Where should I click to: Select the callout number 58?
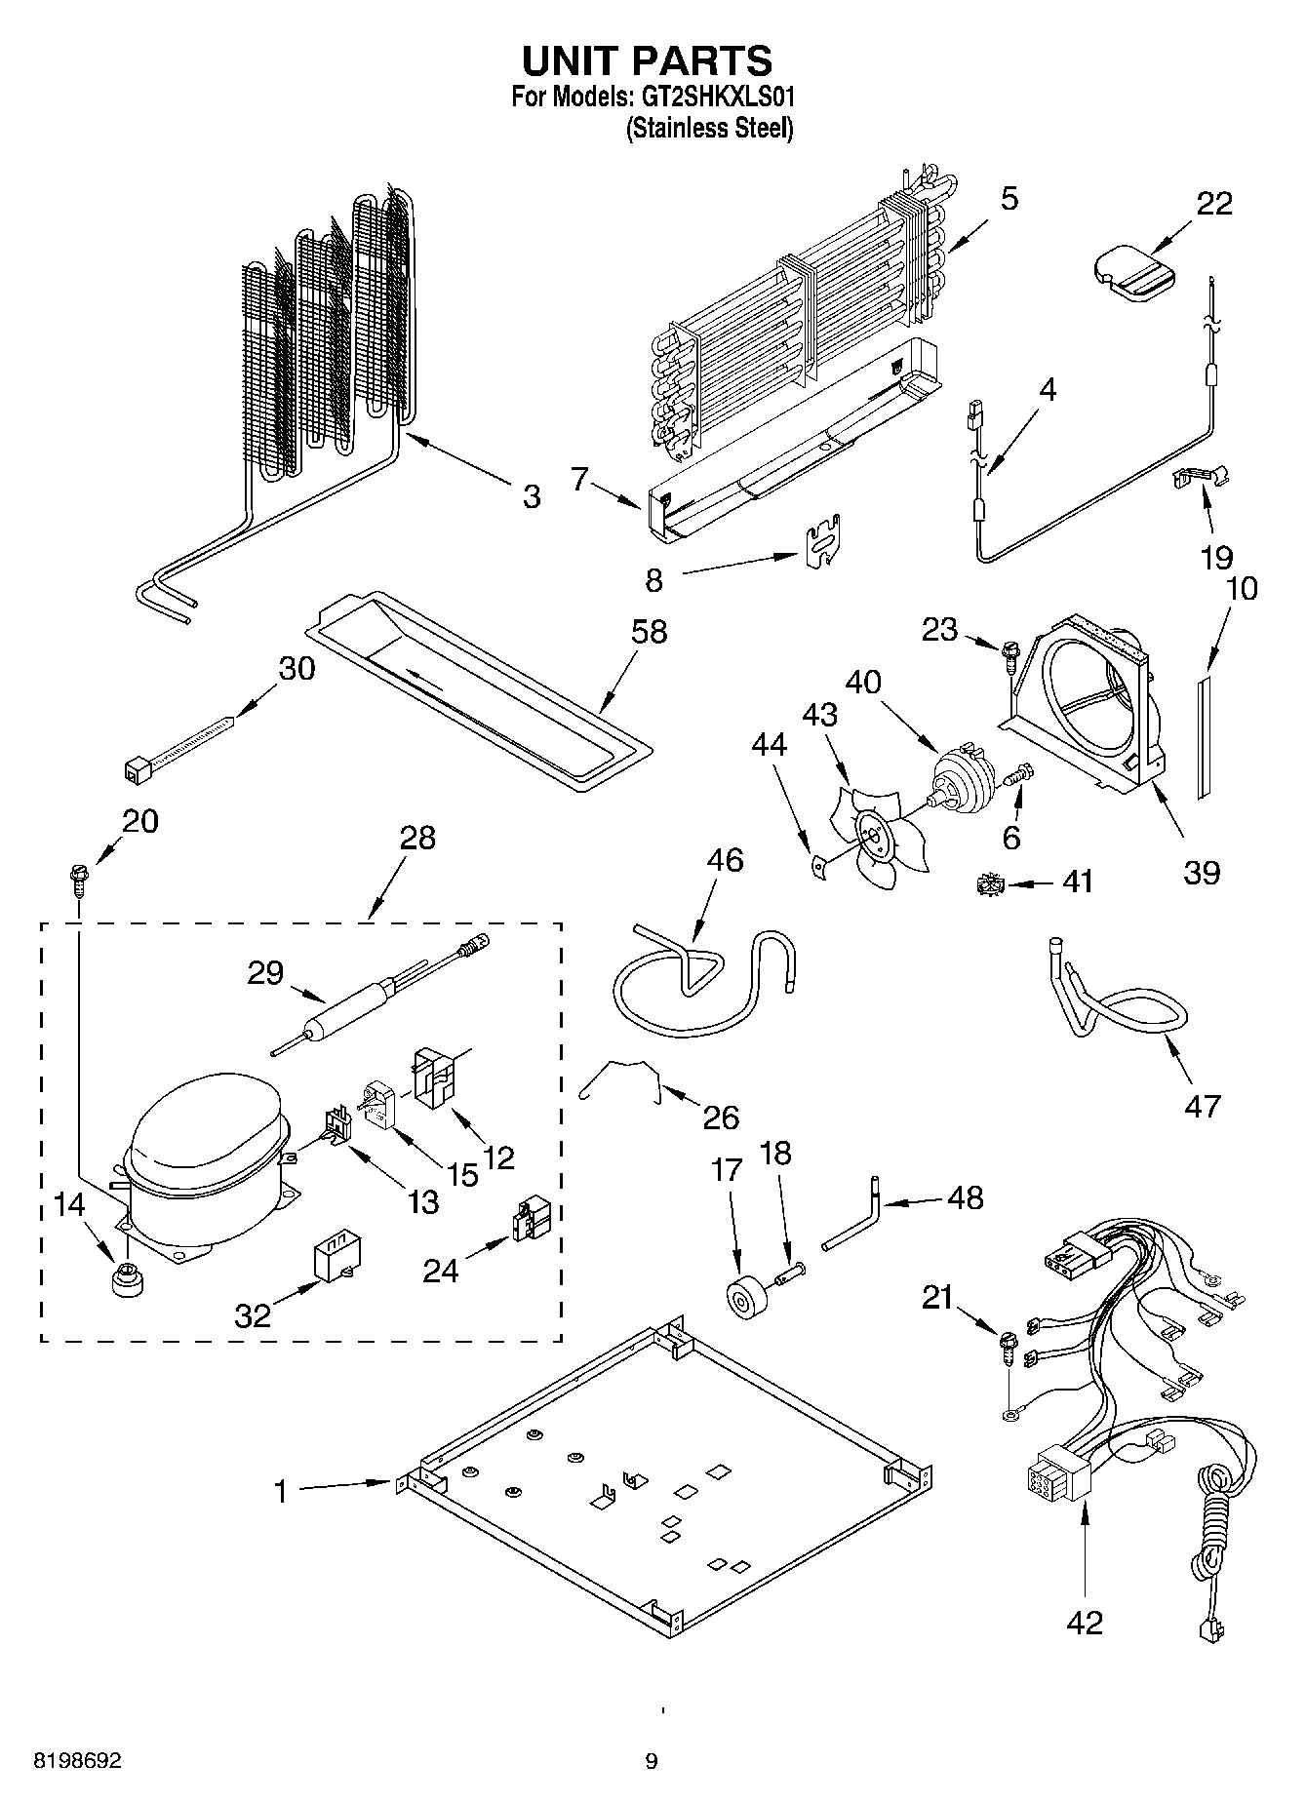[648, 632]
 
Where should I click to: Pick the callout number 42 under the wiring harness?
[1084, 1622]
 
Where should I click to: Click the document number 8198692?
[77, 1760]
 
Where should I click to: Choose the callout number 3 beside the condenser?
[530, 497]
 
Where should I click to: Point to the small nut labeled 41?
[988, 884]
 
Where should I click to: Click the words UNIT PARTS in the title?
[647, 60]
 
